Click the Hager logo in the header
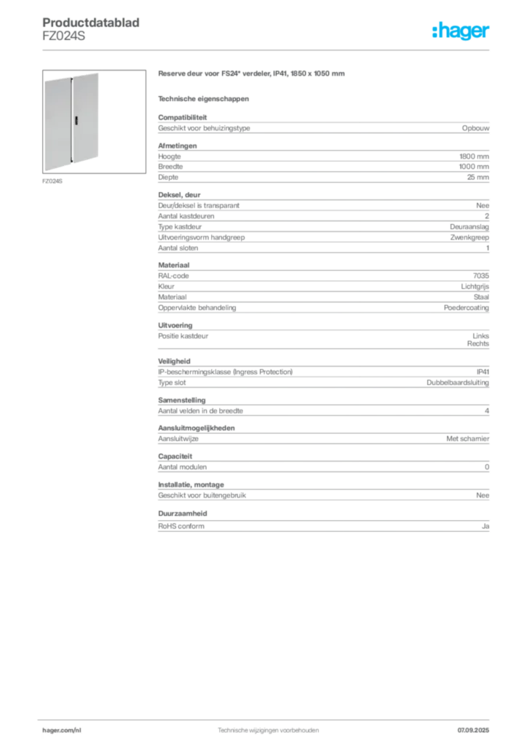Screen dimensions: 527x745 tap(461, 31)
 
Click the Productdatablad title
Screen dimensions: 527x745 tap(91, 23)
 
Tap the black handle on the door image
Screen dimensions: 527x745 tap(76, 120)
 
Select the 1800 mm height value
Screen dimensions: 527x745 tap(474, 156)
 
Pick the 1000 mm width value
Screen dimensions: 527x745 tap(474, 167)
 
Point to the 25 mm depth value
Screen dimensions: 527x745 tap(478, 178)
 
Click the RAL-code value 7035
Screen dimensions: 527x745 tap(481, 276)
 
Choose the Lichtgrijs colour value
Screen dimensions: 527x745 tap(475, 287)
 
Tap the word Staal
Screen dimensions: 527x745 tap(481, 297)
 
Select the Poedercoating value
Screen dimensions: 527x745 tap(466, 308)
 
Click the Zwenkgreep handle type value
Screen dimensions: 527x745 tap(469, 238)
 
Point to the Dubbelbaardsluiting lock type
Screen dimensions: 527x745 tap(458, 383)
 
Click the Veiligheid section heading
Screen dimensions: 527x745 tap(174, 362)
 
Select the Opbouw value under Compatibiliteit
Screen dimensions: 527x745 tap(475, 128)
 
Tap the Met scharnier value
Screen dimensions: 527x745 tap(467, 439)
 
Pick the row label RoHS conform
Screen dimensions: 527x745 tap(181, 527)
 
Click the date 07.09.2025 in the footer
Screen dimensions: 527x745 tap(473, 730)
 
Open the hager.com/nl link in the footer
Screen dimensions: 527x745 tap(62, 730)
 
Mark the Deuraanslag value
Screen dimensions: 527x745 tap(469, 227)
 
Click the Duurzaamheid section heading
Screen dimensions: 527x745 tap(183, 514)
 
